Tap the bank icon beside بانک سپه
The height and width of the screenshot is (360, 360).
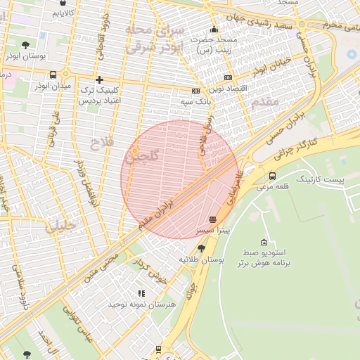coord(195,91)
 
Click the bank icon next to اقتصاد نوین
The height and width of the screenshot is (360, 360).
coord(228,77)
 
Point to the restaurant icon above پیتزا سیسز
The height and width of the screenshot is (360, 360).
coord(212,219)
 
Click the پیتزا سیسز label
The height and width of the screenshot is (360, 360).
coord(212,230)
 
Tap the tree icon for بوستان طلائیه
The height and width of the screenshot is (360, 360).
coord(202,248)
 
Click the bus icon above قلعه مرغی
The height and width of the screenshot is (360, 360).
coord(272,176)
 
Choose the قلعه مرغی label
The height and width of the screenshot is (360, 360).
coord(271,187)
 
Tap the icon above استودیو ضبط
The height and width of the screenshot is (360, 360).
coord(263,242)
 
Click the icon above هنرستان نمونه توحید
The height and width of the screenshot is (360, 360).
coord(141,293)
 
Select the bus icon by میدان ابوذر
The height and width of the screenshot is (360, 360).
coord(53,75)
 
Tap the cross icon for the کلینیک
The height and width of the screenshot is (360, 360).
coord(99,80)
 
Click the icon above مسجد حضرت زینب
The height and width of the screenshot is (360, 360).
coord(214,30)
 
